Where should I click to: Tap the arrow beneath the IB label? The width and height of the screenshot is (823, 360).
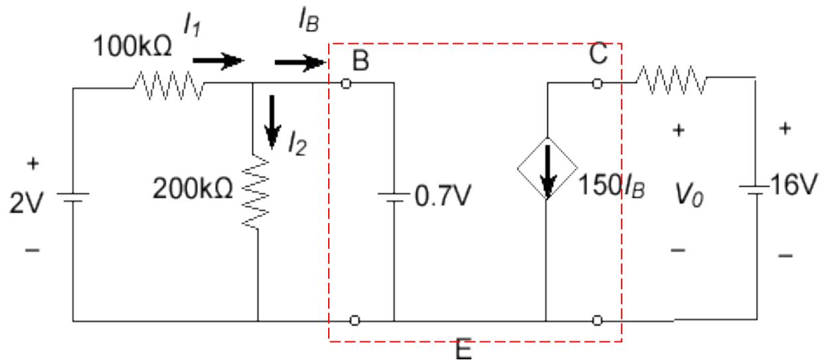click(x=298, y=63)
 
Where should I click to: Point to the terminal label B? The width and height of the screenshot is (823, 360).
click(x=361, y=60)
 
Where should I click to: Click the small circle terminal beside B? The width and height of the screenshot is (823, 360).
click(x=345, y=84)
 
